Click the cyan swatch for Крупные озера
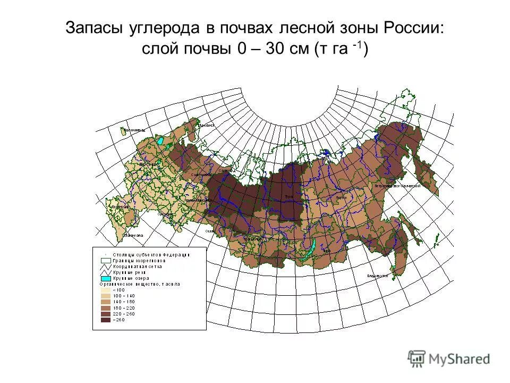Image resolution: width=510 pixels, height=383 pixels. (106, 278)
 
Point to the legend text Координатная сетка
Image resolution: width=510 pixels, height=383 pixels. (141, 267)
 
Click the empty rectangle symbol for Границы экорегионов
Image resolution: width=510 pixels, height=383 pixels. (106, 261)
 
